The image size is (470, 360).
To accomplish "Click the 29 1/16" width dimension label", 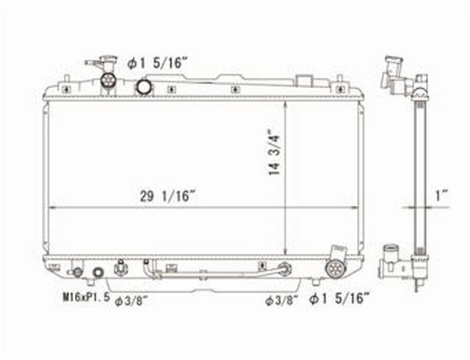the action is pos(168,197).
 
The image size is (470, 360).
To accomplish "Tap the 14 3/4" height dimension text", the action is pos(274,152).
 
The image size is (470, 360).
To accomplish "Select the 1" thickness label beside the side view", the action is pos(441,196).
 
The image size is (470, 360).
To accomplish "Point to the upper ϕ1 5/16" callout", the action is pos(157,64).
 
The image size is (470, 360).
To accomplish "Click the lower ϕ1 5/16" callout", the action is pos(339,298).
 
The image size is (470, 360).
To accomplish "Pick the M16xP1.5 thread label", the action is pos(86,298).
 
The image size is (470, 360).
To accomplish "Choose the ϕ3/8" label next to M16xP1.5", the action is pos(130,301).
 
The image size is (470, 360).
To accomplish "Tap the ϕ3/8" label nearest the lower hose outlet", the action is pos(282,300).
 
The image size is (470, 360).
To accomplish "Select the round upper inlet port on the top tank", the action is pos(144,87).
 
